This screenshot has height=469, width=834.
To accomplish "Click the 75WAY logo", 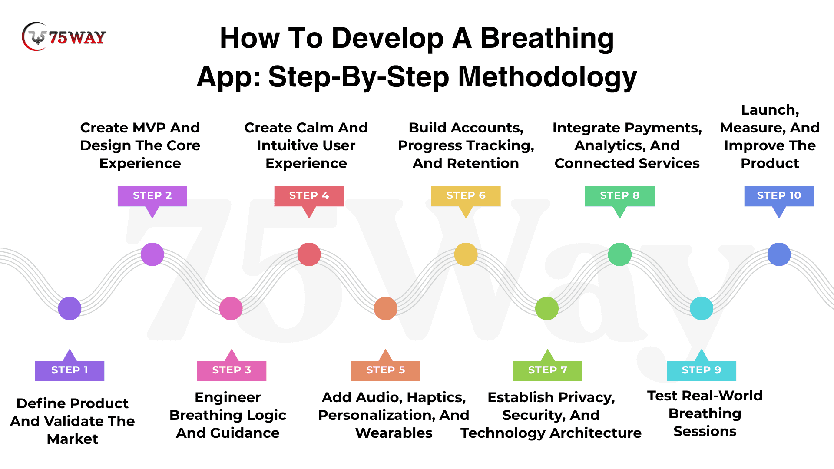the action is pos(63,37).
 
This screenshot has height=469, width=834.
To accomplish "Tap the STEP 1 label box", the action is pos(69,370).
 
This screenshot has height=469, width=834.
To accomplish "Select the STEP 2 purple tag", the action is pos(152,196).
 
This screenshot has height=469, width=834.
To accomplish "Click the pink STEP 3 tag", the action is pos(232,370).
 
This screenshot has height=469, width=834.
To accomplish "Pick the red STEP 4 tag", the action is pos(309,196).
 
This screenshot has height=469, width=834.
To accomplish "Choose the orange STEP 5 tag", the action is pos(386,370).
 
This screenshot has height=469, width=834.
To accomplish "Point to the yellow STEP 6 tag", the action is pos(466,196).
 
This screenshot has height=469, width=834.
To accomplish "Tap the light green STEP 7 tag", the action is pos(548,370).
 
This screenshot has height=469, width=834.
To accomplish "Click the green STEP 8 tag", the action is pos(620,196).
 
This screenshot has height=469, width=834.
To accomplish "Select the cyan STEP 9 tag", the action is pos(702,370).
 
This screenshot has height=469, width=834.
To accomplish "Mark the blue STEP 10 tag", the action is pos(779,196).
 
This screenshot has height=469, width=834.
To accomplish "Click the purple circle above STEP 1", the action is pos(69,308).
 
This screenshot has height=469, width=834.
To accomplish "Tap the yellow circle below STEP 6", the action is pos(466,254).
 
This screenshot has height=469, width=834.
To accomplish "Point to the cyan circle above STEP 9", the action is pos(702,308).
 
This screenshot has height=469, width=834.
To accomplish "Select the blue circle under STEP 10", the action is pos(779,254).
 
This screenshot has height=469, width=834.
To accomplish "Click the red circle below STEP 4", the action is pos(309,254).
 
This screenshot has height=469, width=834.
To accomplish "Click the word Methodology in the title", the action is pos(548,77).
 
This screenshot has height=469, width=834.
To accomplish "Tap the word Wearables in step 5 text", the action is pos(394,433).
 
